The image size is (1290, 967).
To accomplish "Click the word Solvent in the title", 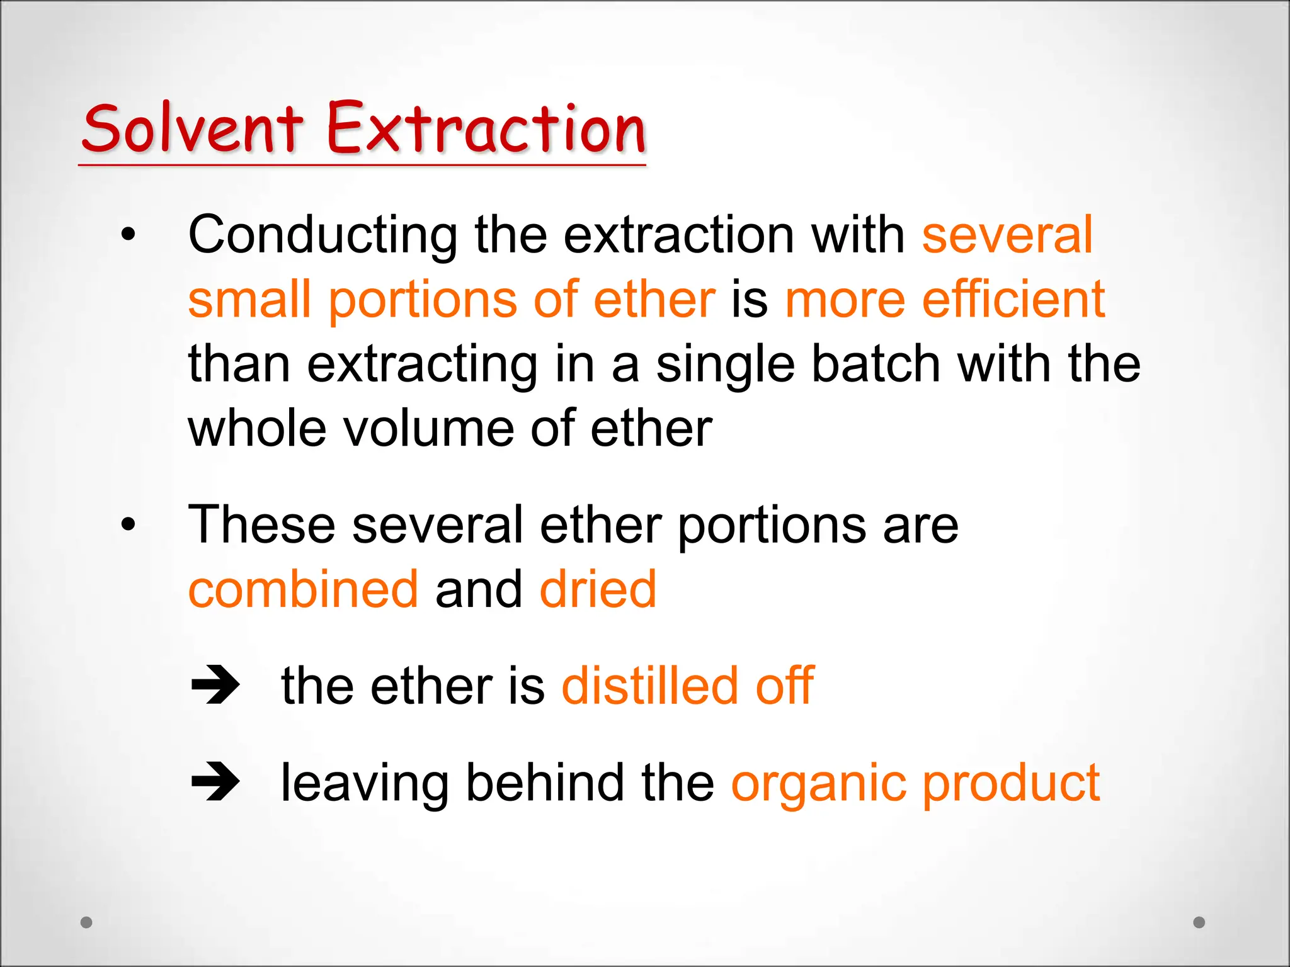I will (x=192, y=129).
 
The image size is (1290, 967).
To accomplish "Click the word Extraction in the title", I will (x=486, y=129).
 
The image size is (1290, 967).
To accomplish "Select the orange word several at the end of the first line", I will (x=1007, y=235).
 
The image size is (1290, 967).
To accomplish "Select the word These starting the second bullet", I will (x=261, y=525).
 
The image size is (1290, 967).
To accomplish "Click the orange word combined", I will (x=303, y=590).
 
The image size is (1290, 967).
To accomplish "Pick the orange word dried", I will (x=598, y=590).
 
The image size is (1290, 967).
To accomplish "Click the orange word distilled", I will (x=649, y=686).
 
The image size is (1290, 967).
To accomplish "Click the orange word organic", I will (x=818, y=784).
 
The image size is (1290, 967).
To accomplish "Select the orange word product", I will (x=1011, y=784).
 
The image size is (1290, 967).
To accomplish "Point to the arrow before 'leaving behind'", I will (x=215, y=782).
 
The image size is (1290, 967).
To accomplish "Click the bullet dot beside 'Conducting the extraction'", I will (x=128, y=235).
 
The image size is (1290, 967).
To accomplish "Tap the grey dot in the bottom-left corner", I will (x=87, y=922).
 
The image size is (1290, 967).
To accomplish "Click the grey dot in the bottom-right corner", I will (x=1199, y=922).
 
